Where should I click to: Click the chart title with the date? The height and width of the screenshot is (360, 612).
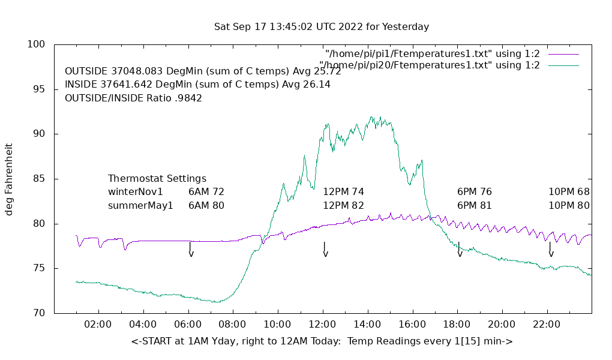(322, 27)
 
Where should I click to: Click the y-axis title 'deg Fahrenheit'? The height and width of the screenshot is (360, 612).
(10, 179)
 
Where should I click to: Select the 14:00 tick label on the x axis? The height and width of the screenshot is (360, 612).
(367, 325)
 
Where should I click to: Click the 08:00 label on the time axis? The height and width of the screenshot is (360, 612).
(232, 325)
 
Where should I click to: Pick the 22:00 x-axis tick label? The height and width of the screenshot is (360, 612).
(547, 325)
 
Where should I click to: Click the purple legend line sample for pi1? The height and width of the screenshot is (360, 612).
(563, 54)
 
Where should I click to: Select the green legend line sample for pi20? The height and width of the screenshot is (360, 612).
(563, 65)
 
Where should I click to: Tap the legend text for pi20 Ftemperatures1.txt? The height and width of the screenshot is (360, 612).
(430, 65)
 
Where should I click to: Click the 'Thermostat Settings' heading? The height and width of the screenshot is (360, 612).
(157, 179)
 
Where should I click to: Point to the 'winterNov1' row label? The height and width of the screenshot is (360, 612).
(136, 192)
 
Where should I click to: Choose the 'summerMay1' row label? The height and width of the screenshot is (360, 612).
(140, 205)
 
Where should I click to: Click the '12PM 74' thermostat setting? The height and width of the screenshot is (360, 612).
(343, 192)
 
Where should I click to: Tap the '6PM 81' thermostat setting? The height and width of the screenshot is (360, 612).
(475, 205)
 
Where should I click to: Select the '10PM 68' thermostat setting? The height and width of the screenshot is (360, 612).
(569, 192)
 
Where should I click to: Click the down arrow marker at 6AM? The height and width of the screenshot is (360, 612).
(191, 250)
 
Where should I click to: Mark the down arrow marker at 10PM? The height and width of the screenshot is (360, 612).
(550, 250)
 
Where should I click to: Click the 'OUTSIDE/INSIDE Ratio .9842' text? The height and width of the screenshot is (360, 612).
(133, 98)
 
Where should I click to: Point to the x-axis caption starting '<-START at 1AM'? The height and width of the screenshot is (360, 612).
(322, 341)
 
